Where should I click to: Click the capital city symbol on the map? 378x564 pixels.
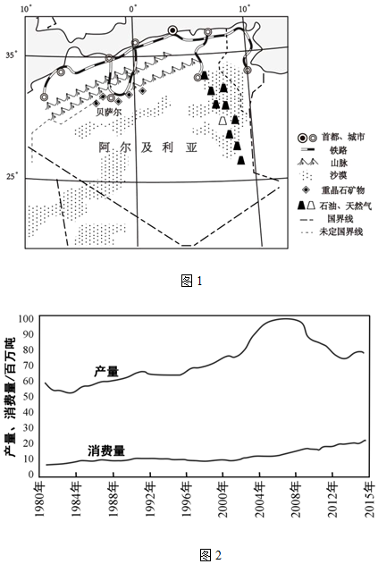(173, 30)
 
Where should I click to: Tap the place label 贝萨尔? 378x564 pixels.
(109, 112)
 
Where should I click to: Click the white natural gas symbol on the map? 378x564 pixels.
(223, 121)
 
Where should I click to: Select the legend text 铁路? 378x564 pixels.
(339, 150)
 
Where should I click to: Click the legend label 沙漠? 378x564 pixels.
(339, 175)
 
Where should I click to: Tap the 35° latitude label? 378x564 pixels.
(12, 55)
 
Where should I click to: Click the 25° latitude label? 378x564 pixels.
(12, 177)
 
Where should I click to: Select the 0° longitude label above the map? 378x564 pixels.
(133, 9)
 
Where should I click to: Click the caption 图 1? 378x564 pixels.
(192, 282)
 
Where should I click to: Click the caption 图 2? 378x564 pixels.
(211, 554)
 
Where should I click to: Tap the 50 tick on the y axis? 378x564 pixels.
(29, 396)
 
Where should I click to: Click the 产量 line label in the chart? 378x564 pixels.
(106, 372)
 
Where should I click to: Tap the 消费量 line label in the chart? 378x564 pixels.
(106, 450)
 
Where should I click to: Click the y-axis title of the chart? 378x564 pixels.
(10, 397)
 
